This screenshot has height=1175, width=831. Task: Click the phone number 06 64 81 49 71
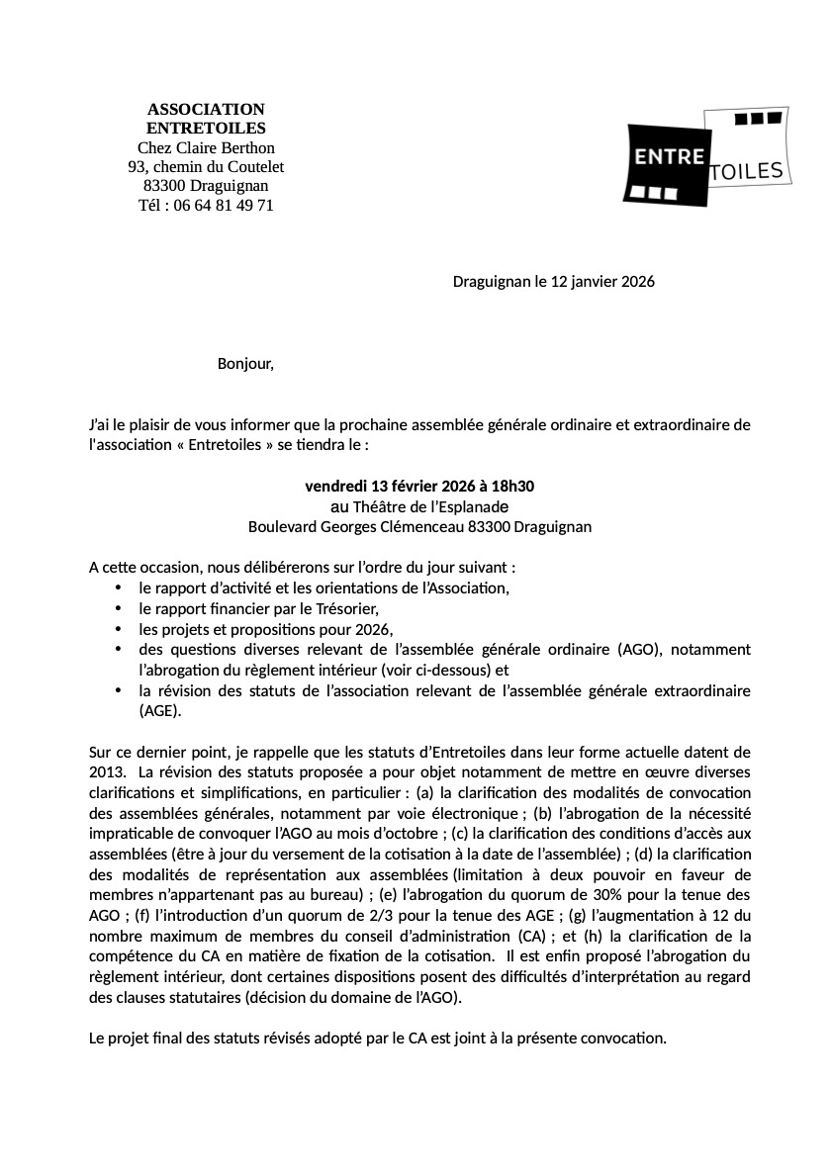tap(224, 206)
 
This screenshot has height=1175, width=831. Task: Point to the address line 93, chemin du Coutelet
tap(206, 167)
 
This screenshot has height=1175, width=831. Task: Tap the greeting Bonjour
tap(244, 364)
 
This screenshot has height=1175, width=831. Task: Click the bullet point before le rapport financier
tap(118, 609)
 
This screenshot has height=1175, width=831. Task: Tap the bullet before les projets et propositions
tap(118, 630)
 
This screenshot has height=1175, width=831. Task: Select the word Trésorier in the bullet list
tap(346, 609)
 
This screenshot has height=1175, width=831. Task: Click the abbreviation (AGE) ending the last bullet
tap(161, 711)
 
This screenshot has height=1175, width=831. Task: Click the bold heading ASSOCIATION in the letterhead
tap(206, 109)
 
